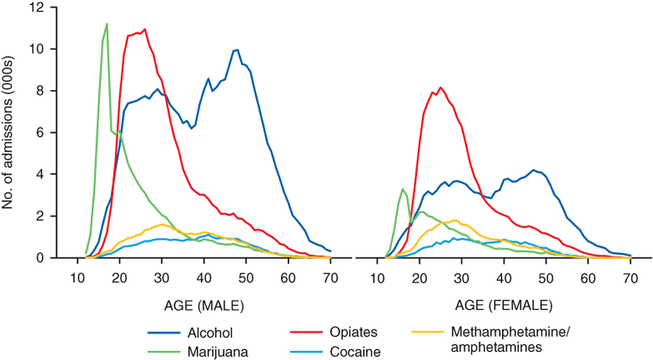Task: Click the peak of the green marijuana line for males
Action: (x=107, y=23)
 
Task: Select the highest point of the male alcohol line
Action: (x=237, y=49)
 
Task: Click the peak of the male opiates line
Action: (x=145, y=29)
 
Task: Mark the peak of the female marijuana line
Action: (x=402, y=189)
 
